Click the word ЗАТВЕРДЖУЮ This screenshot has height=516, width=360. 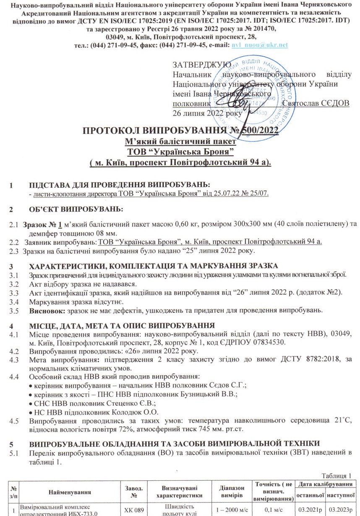click(x=201, y=65)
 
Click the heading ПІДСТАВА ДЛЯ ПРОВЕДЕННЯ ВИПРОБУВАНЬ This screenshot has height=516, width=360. click(x=119, y=185)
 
